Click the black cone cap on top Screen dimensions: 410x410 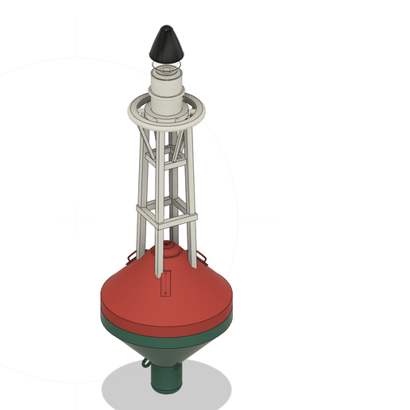tap(165, 43)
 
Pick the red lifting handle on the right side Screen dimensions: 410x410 tap(203, 256)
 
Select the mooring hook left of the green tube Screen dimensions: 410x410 tap(144, 364)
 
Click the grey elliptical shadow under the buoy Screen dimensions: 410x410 tap(127, 389)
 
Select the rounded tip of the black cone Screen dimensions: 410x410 tap(165, 28)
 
